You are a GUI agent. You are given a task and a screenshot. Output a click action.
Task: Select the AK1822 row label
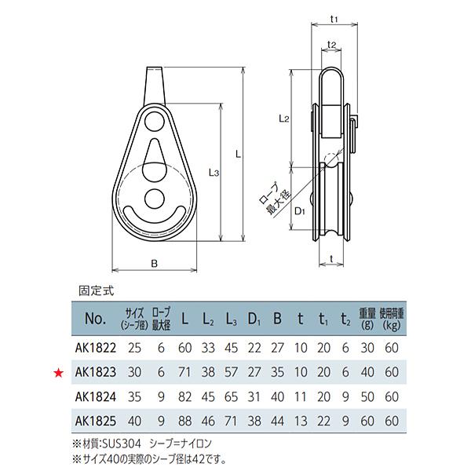(x=97, y=346)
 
